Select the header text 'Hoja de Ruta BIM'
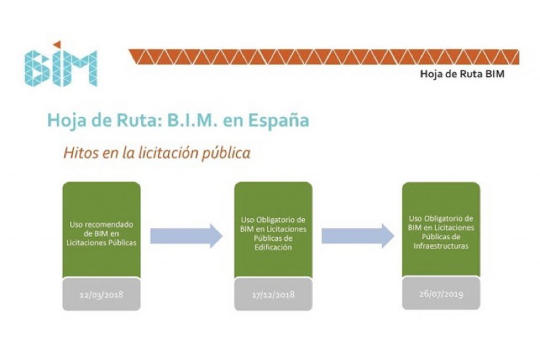coord(462,74)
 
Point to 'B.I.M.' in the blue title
coord(190,120)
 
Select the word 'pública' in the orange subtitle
coord(228,153)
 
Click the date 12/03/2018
coord(101,294)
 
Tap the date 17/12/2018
coord(273,295)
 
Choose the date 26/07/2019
coord(441,294)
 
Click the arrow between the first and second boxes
coord(187,236)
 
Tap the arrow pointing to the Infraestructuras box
coord(358,236)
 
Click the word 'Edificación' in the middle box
coord(273,247)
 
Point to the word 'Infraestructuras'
coord(441,246)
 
